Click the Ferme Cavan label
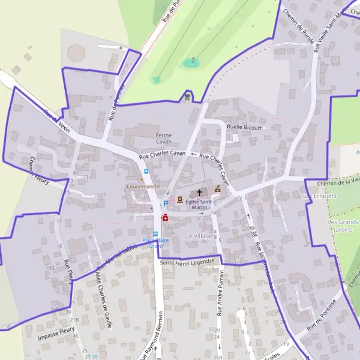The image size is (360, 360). pyautogui.click(x=164, y=138)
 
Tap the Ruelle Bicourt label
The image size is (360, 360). pyautogui.click(x=245, y=127)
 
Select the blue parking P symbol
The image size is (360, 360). pyautogui.click(x=166, y=204)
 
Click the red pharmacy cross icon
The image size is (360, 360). pyautogui.click(x=164, y=218)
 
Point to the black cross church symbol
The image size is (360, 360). pyautogui.click(x=200, y=193)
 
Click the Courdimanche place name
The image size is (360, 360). pyautogui.click(x=143, y=187)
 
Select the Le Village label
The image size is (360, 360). pyautogui.click(x=199, y=236)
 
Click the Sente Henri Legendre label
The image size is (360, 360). pyautogui.click(x=188, y=262)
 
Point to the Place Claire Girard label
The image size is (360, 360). pyautogui.click(x=156, y=243)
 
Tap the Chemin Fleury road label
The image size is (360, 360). pyautogui.click(x=39, y=169)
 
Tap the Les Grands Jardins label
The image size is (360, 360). pyautogui.click(x=343, y=225)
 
